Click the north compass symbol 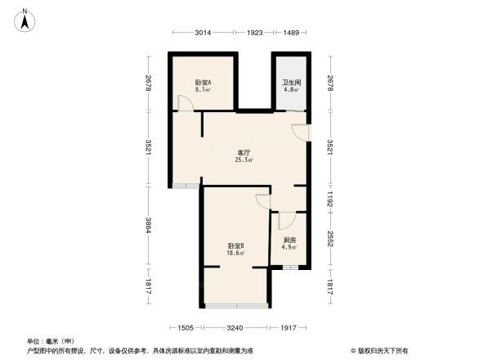click(x=25, y=19)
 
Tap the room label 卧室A click(x=203, y=83)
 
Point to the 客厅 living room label click(x=244, y=153)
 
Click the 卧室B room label click(x=236, y=246)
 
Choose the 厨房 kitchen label click(x=289, y=240)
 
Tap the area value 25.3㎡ click(x=244, y=160)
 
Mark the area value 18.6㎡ click(x=236, y=254)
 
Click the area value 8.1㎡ click(x=203, y=90)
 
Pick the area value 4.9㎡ click(x=289, y=247)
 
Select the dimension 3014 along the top click(x=203, y=33)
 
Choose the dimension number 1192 click(x=330, y=200)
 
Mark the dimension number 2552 click(x=330, y=241)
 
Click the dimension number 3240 click(x=236, y=328)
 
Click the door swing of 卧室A click(x=186, y=104)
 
